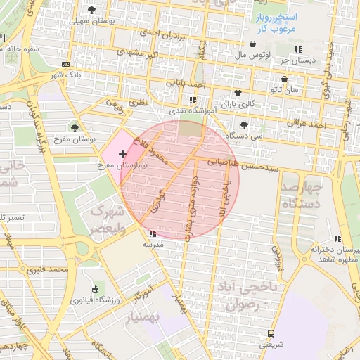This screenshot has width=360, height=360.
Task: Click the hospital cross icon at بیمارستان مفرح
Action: coord(123,153)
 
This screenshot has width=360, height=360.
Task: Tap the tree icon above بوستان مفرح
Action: coord(75,128)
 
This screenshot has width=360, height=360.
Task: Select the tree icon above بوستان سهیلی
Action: coord(92,10)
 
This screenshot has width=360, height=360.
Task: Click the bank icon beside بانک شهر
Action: coord(66,63)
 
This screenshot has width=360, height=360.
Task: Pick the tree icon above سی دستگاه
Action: coord(244,124)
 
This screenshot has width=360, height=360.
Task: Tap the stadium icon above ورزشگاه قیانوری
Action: coord(96,288)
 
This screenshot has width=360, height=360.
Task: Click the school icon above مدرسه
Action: coord(153,233)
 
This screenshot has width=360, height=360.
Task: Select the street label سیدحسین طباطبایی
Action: coord(244,165)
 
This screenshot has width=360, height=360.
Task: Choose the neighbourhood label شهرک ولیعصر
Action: coord(109,219)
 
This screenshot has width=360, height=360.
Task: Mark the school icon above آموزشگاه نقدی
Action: coord(193,100)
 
